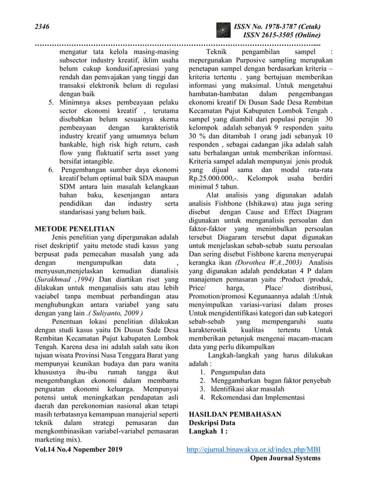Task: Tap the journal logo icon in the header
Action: pos(223,30)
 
